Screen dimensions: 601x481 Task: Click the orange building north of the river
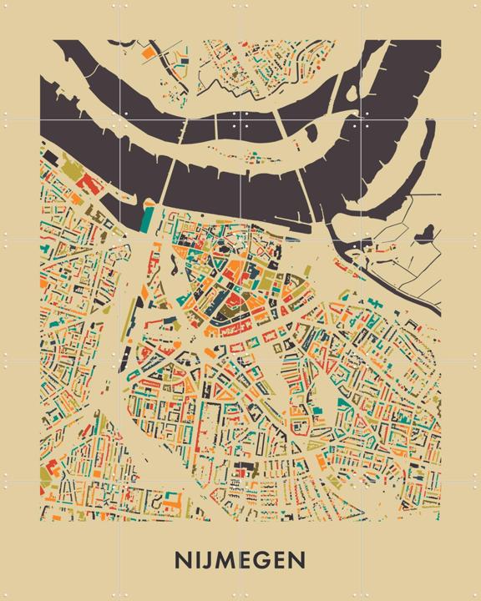click(x=148, y=52)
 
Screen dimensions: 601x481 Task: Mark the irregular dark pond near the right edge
click(x=428, y=231)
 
